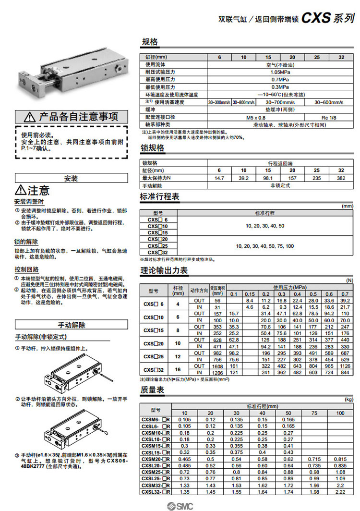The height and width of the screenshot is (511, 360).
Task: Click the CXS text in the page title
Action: (316, 19)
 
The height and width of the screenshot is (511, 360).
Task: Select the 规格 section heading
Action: (149, 42)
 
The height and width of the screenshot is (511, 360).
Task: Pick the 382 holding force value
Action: (341, 178)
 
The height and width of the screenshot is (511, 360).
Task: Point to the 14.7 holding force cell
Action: (219, 178)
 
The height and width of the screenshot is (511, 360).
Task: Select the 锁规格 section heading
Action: (153, 148)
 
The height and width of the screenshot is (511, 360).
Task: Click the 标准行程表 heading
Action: (160, 196)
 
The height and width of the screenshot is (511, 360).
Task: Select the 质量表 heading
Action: (153, 389)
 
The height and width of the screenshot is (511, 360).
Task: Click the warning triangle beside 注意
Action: (21, 191)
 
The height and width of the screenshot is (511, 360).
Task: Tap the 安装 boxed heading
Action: (71, 178)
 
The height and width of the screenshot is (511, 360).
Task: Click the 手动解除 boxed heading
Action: (71, 325)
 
